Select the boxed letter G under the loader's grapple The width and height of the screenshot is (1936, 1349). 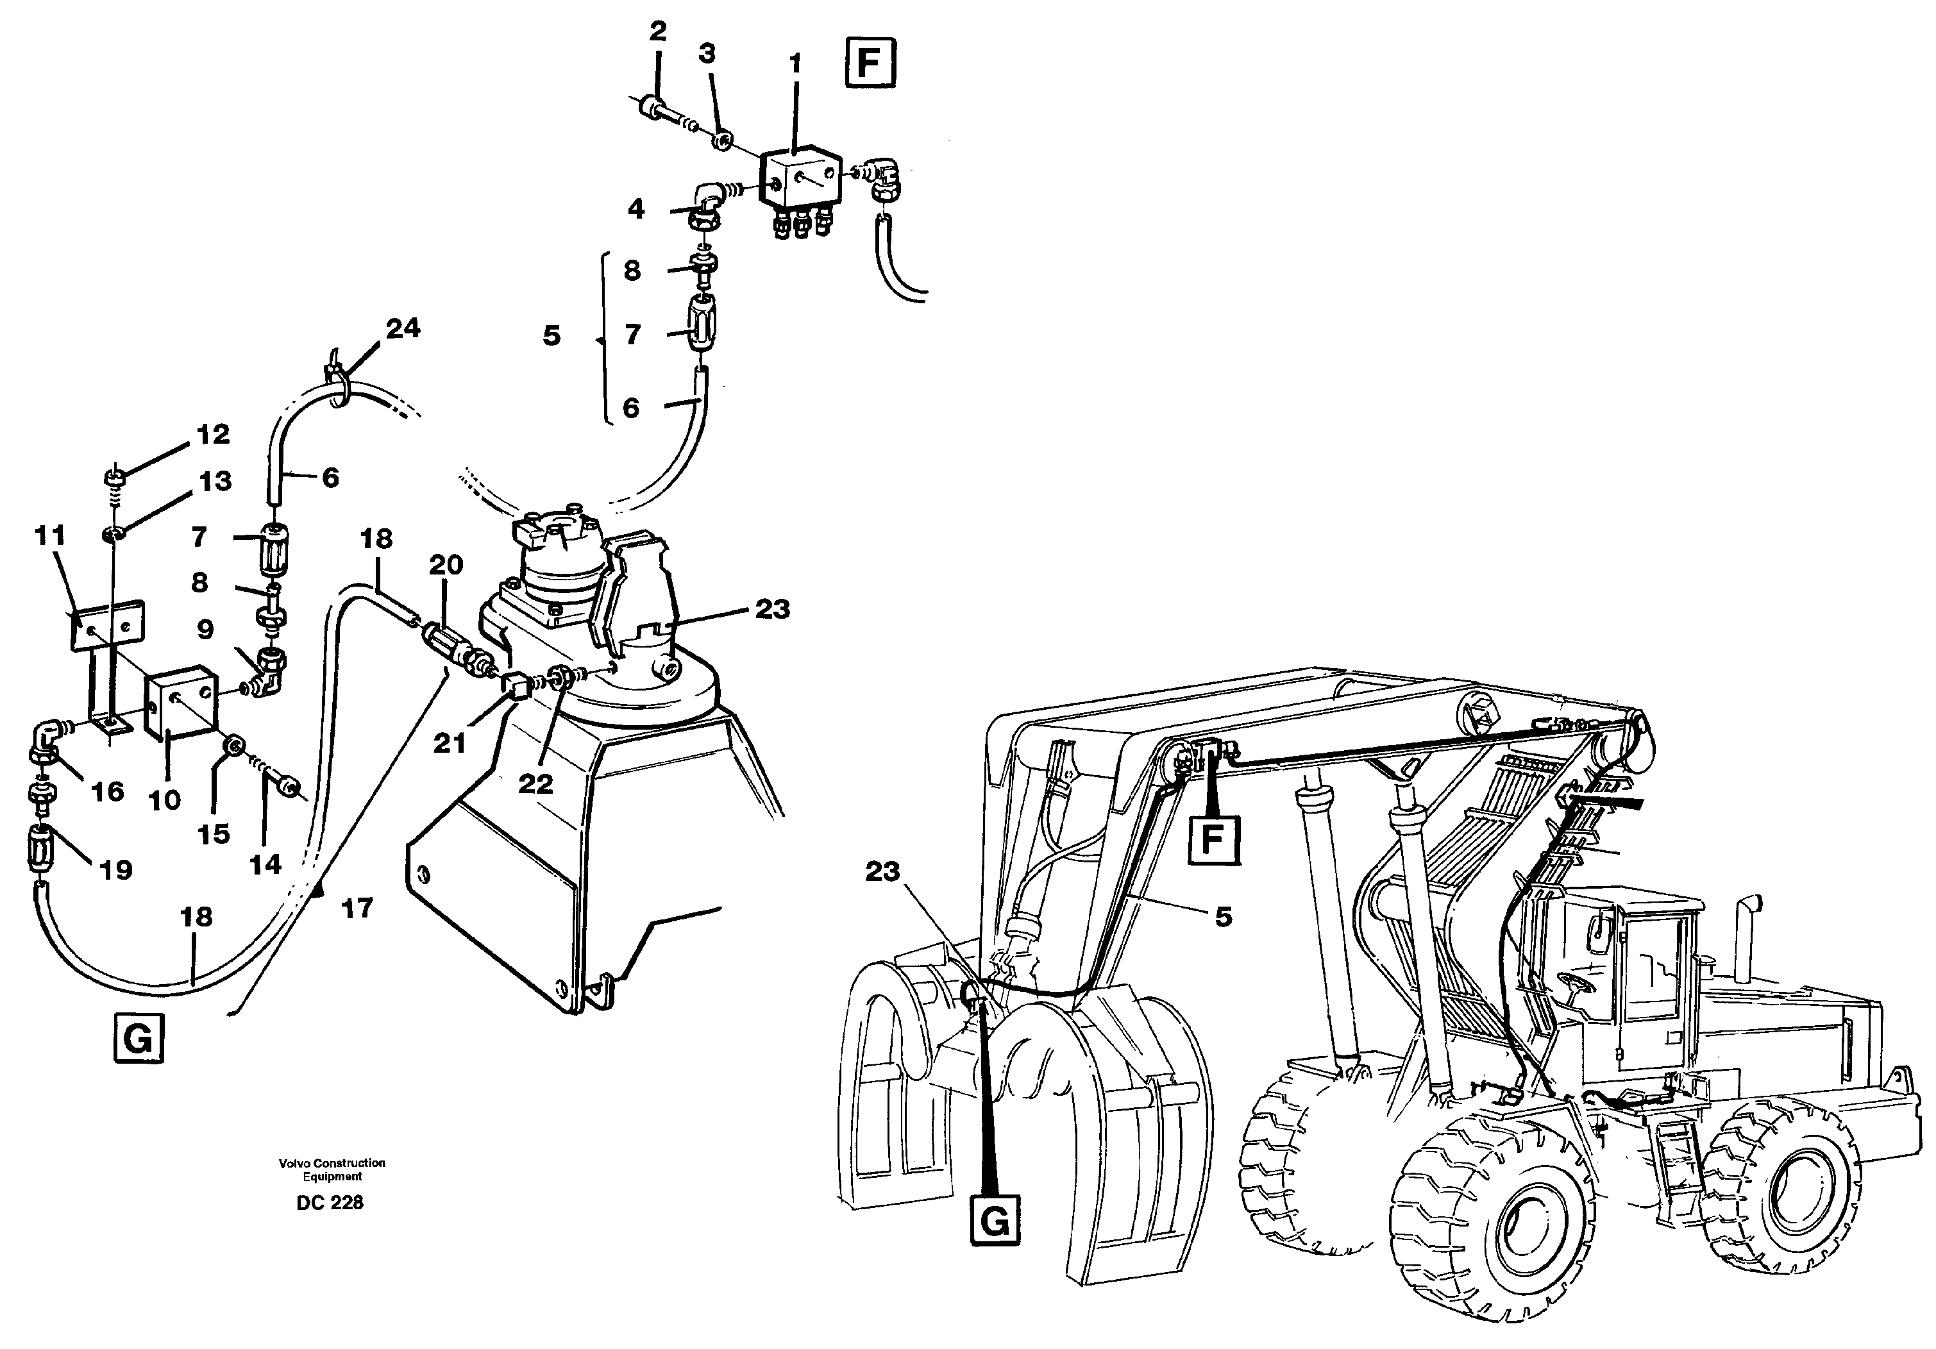(995, 1219)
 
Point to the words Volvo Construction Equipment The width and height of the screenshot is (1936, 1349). (332, 1169)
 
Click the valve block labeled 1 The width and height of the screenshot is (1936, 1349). (800, 180)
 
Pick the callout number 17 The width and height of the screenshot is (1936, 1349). (358, 908)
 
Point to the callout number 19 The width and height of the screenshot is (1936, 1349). (116, 869)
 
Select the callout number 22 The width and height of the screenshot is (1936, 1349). (535, 783)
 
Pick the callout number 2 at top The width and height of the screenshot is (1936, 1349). (658, 32)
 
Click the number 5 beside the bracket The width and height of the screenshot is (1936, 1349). (551, 335)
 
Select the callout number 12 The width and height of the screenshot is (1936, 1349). (212, 434)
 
